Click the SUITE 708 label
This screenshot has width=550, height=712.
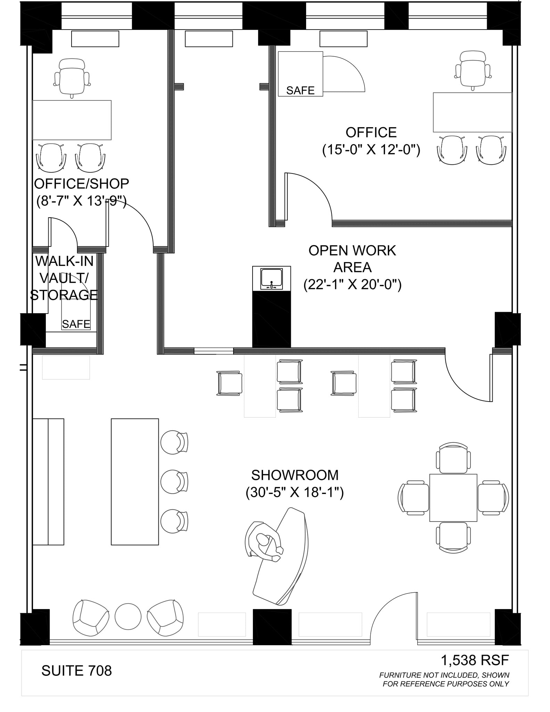(76, 671)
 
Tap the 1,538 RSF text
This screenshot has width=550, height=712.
(475, 660)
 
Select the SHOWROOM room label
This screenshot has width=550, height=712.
(295, 475)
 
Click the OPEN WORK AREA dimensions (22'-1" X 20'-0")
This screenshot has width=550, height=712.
(352, 285)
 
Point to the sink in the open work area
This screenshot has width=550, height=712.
(271, 279)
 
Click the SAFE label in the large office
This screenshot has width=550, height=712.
(300, 90)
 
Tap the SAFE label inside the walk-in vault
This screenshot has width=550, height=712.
(76, 324)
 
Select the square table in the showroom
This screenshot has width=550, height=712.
(453, 497)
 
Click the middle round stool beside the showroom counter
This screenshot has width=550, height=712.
(174, 482)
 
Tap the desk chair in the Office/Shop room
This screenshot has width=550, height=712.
(72, 77)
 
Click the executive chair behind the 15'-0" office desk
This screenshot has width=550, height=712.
(473, 70)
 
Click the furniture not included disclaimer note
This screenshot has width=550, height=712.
(445, 679)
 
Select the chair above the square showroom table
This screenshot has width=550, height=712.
(453, 458)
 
